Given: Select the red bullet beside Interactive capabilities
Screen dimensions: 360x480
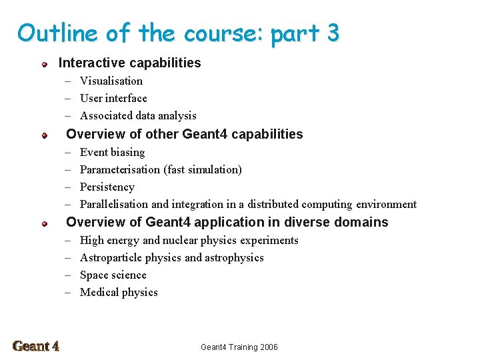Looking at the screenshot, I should pos(44,64).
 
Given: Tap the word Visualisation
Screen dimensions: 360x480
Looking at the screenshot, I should pos(111,81).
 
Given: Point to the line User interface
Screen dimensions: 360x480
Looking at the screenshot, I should pos(113,98).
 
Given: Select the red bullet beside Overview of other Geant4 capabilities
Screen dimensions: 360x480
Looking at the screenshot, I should pos(44,135).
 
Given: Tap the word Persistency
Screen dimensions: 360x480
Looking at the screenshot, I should pos(107,187).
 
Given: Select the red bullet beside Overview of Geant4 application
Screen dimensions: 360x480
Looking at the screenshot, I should pos(44,223).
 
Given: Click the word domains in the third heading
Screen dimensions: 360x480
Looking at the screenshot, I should pos(363,222).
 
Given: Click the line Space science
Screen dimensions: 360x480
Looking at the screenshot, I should pos(113,275).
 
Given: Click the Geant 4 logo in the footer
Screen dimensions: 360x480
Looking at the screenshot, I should pos(36,346).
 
